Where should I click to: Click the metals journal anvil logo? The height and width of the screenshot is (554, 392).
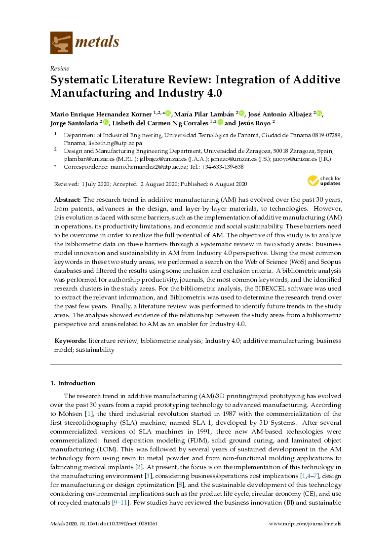pyautogui.click(x=61, y=42)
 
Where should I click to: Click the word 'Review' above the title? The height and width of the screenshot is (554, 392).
pyautogui.click(x=60, y=69)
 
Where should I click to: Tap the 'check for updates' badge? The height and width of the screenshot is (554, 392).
pyautogui.click(x=324, y=181)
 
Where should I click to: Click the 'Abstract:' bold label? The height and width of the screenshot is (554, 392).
pyautogui.click(x=68, y=199)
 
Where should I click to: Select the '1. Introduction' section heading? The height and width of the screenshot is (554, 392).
pyautogui.click(x=73, y=383)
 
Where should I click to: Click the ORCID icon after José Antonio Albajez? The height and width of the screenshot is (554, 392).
pyautogui.click(x=318, y=113)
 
